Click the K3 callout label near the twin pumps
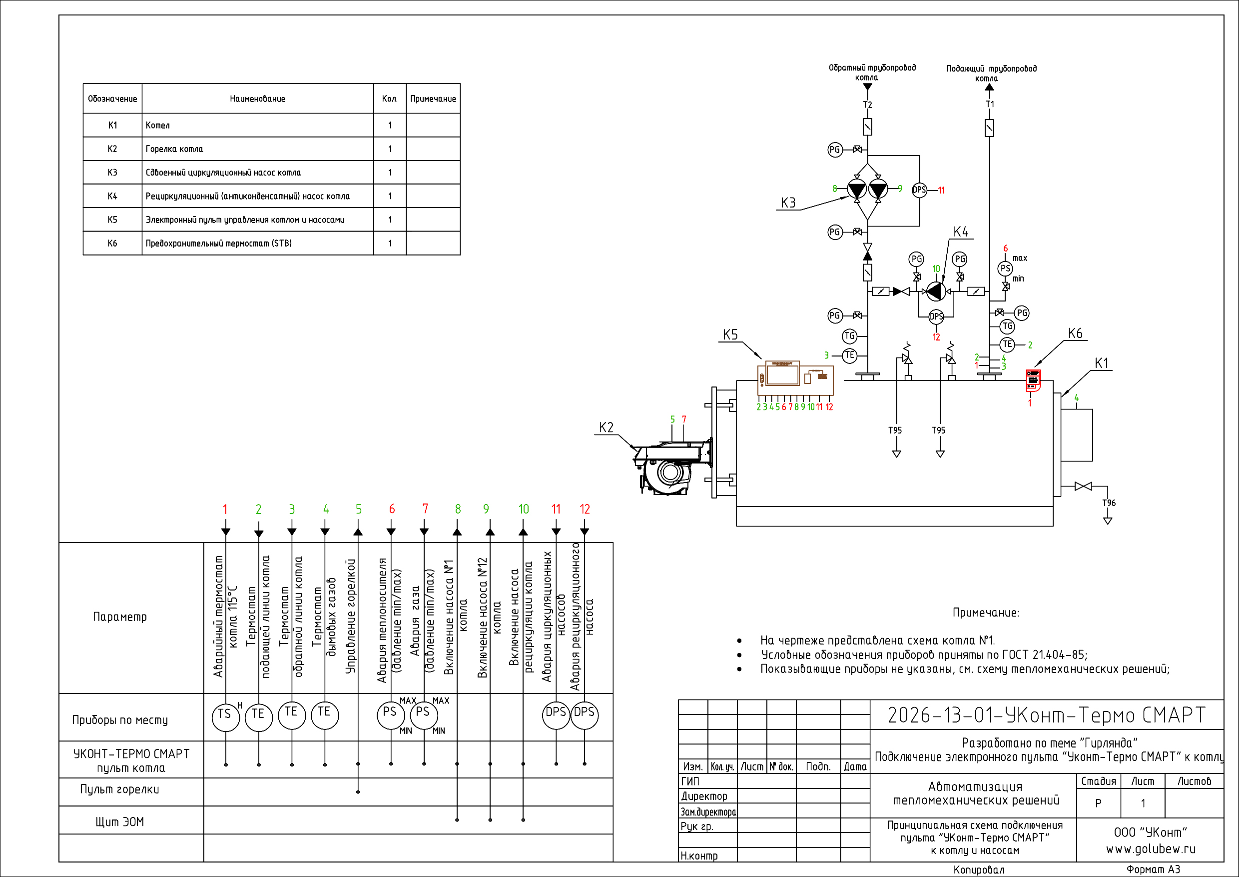pos(788,203)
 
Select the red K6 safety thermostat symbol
pos(1032,380)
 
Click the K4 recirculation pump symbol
pos(936,291)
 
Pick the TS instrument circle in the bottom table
pos(225,717)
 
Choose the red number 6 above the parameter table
pos(392,508)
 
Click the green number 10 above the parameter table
pos(524,508)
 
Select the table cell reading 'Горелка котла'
pos(174,149)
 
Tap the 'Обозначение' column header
pos(112,99)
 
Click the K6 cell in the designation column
pos(112,243)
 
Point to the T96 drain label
pos(1109,503)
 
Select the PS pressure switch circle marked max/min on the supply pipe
pos(1005,268)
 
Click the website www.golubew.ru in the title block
pos(1151,849)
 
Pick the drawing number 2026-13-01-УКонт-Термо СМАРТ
pos(1046,715)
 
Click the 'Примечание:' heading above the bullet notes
pos(985,612)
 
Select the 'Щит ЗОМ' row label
pos(120,822)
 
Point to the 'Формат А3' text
pos(1153,869)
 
